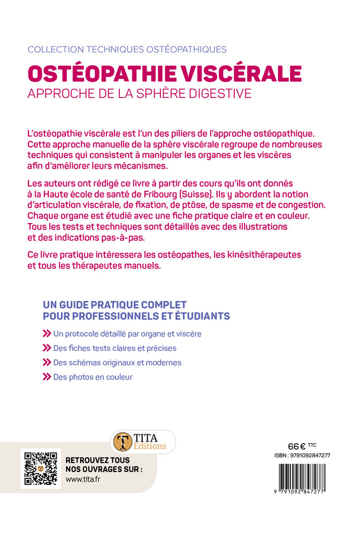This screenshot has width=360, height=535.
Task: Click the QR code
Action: click(39, 469)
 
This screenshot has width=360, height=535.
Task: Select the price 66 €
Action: click(297, 446)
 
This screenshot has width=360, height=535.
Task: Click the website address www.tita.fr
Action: click(82, 479)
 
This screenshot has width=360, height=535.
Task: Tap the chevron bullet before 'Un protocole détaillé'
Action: click(47, 333)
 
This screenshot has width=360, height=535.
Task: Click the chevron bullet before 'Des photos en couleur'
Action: click(47, 377)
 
